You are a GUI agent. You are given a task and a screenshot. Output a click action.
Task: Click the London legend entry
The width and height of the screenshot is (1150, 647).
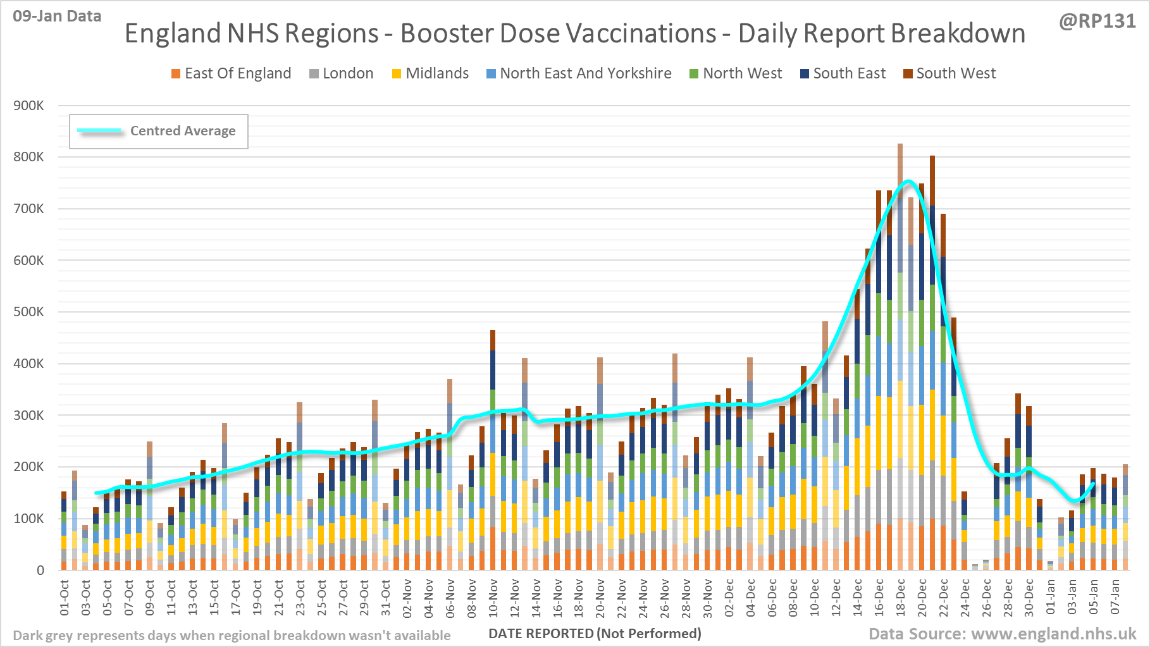pos(347,73)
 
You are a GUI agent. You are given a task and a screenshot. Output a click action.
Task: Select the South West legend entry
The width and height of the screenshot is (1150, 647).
pos(955,73)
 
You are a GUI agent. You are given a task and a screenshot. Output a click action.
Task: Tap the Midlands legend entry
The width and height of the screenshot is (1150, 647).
pos(436,73)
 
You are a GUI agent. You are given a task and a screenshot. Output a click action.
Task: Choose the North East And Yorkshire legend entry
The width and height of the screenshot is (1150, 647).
pos(585,73)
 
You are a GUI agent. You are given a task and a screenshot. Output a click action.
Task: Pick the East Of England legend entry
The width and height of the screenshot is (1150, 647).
pos(237,73)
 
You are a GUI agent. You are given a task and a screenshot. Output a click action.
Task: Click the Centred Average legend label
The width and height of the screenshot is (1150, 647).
pos(183,131)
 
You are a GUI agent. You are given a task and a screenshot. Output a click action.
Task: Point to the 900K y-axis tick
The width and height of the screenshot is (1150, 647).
pos(29,106)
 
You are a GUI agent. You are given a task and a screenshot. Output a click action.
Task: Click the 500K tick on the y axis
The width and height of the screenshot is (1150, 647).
pos(29,312)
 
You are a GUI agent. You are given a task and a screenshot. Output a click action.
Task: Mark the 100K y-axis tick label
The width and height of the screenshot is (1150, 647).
pos(29,519)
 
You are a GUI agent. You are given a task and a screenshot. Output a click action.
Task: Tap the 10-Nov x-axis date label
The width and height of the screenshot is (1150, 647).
pos(493,598)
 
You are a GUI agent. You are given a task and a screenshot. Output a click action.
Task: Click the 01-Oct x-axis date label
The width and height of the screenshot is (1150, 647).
pos(65,598)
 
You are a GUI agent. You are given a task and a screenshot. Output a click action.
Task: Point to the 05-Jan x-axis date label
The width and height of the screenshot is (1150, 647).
pos(1093,598)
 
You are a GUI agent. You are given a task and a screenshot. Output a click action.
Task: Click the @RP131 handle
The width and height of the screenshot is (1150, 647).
pos(1097,22)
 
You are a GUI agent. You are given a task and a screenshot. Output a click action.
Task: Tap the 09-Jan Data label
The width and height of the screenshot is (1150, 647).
pos(57,16)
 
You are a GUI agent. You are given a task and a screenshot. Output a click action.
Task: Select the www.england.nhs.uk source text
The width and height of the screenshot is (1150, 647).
pos(1053,634)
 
